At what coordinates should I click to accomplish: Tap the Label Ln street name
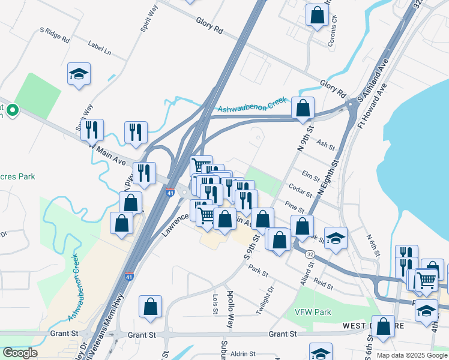click(x=100, y=48)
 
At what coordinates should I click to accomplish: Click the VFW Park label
click(x=313, y=313)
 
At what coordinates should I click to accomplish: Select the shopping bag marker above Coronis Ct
click(x=317, y=14)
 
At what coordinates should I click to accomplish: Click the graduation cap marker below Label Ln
click(x=79, y=74)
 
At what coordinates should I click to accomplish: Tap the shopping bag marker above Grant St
click(x=150, y=306)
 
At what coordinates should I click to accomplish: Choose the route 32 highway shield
click(x=309, y=254)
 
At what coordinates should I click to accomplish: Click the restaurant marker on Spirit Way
click(x=92, y=129)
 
